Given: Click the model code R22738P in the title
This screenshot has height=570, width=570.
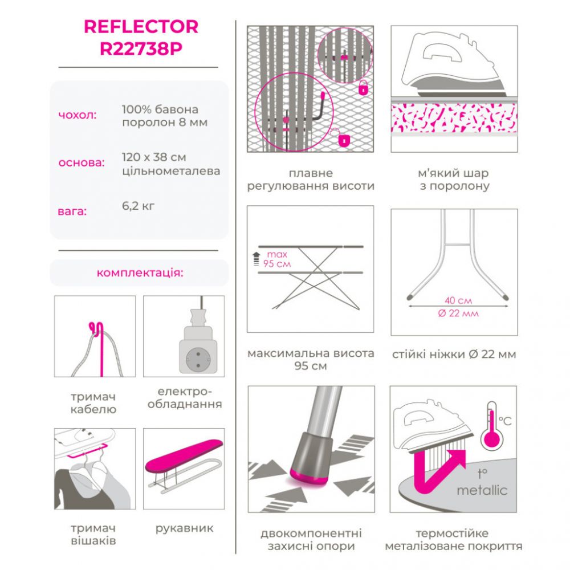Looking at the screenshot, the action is point(141,49).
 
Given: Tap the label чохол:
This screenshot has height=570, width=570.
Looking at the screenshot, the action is point(78,115).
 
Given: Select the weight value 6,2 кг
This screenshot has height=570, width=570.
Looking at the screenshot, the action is point(138,206).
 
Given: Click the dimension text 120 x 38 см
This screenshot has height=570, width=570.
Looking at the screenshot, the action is point(154,157).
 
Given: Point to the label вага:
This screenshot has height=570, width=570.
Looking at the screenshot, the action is point(72,211).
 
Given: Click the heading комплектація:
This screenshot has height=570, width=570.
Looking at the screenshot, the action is point(140,272).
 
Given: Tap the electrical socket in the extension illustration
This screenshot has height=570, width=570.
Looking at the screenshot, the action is point(198,359).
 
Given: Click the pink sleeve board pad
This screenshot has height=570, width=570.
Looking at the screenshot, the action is point(184,455).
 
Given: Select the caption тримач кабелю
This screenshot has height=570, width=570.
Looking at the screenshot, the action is point(93,403).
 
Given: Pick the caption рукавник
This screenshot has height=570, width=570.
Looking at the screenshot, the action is point(184,528).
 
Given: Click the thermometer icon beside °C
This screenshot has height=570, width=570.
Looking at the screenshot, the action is point(492,426).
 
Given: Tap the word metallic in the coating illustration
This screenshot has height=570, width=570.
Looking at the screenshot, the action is point(482,490).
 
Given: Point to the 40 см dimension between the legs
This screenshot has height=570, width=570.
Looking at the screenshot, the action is point(458,300).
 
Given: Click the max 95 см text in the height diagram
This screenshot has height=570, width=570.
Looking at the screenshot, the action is point(277,259).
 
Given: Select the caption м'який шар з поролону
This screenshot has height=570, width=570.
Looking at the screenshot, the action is point(454,180).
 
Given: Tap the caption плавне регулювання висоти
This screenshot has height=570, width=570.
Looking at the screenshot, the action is point(311,180).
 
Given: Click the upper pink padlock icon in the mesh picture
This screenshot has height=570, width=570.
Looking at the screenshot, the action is point(363,88).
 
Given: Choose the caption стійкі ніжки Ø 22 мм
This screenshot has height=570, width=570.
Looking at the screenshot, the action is point(454,355).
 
